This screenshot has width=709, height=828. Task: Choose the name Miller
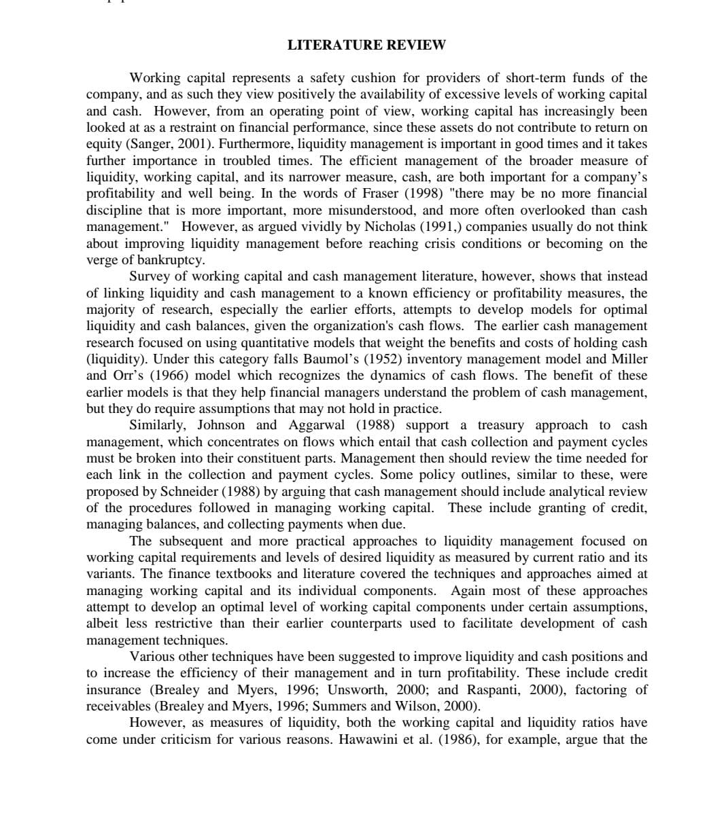[629, 359]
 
